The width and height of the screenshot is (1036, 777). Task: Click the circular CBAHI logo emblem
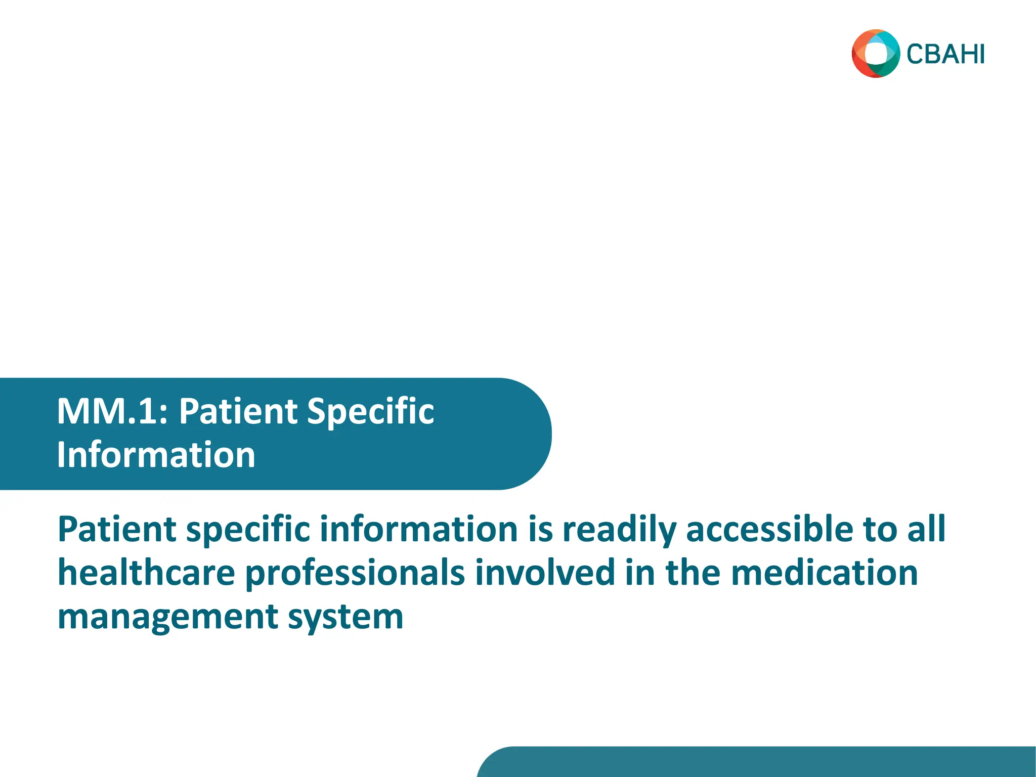tap(876, 54)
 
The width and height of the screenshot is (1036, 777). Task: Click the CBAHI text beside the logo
tap(945, 55)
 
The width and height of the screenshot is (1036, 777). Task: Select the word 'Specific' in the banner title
tap(370, 412)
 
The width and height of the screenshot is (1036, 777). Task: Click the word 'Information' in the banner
tap(156, 455)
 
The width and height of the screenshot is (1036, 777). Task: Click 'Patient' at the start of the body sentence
tap(117, 529)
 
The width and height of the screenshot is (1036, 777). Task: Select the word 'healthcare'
tap(146, 573)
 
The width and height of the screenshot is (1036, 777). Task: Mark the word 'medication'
tap(824, 573)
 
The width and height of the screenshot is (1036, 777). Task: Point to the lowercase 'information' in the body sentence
tap(418, 529)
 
